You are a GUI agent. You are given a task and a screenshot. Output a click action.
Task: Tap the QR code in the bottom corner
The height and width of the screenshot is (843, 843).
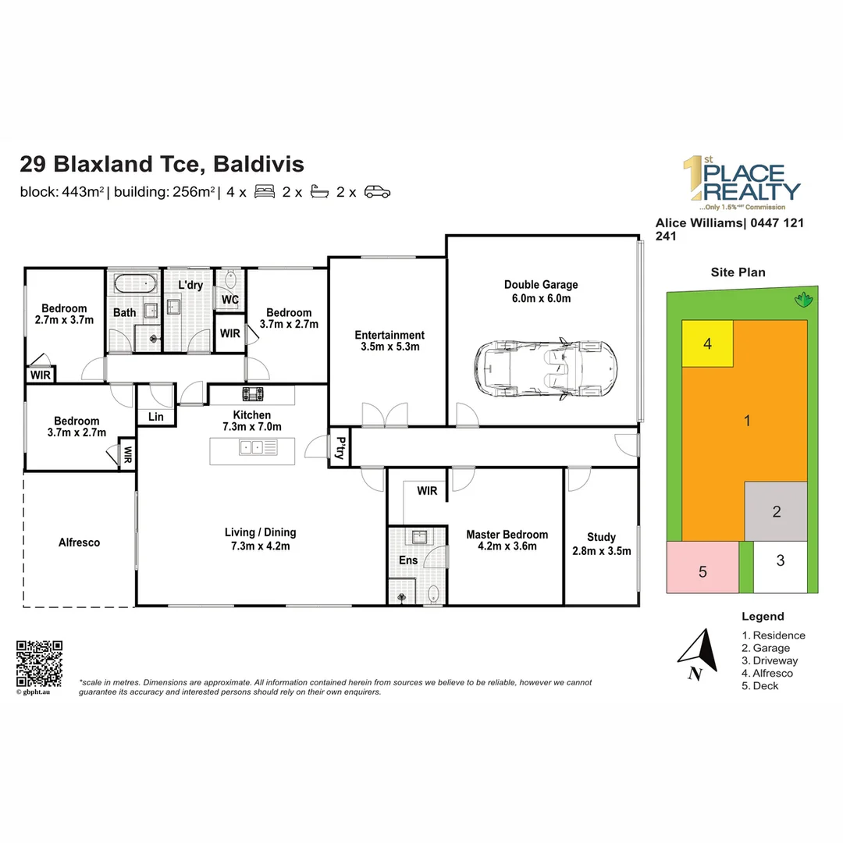[39, 663]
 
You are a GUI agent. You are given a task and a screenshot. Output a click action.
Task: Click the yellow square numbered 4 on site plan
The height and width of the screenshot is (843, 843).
[707, 343]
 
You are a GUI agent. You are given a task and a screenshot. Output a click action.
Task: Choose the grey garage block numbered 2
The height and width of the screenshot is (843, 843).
[776, 512]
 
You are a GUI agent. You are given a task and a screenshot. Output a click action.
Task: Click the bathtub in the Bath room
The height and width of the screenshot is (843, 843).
[135, 283]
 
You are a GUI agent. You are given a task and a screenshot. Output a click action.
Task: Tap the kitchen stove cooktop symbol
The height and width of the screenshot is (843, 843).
[253, 393]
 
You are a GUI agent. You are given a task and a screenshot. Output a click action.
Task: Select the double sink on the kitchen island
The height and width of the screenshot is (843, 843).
[251, 447]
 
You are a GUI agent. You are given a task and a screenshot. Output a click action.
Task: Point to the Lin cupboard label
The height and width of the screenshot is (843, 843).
[156, 418]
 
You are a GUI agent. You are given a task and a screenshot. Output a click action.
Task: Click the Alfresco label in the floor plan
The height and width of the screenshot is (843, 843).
[79, 542]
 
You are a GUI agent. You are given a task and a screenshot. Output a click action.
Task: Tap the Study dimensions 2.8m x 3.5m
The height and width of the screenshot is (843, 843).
[601, 550]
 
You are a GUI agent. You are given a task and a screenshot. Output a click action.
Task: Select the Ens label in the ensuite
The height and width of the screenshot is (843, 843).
[408, 560]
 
